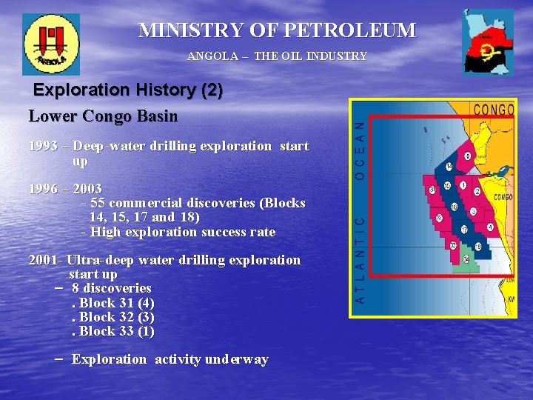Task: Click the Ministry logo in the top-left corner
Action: click(50, 44)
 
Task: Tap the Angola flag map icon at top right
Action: click(487, 42)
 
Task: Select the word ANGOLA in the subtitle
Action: click(208, 56)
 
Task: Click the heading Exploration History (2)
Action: click(128, 90)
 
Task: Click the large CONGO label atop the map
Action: click(493, 110)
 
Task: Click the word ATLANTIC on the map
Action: click(360, 259)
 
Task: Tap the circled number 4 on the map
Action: click(490, 227)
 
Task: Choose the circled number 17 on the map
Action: click(464, 230)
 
